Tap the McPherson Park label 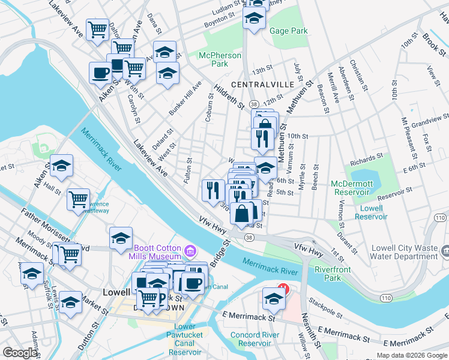pyautogui.click(x=220, y=59)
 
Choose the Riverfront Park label pyautogui.click(x=334, y=274)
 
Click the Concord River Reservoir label pyautogui.click(x=263, y=339)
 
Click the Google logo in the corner pyautogui.click(x=20, y=353)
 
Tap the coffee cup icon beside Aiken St pyautogui.click(x=101, y=73)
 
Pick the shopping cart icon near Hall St pyautogui.click(x=79, y=199)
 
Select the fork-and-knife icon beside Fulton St pyautogui.click(x=213, y=190)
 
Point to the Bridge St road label pyautogui.click(x=220, y=254)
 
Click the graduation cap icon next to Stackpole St pyautogui.click(x=274, y=298)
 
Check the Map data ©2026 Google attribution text pyautogui.click(x=411, y=355)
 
